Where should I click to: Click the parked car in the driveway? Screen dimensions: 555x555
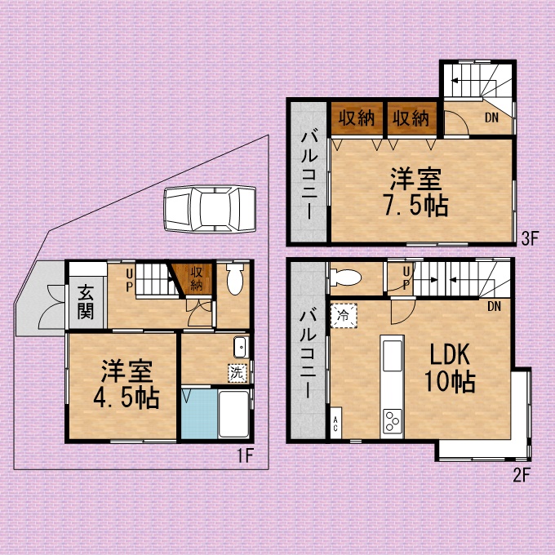[x=210, y=209]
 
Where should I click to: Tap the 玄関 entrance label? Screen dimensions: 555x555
[x=86, y=302]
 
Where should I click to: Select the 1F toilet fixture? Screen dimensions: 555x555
[x=235, y=278]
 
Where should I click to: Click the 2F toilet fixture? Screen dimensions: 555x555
[x=345, y=277]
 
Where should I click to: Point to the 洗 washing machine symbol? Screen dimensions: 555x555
[x=238, y=373]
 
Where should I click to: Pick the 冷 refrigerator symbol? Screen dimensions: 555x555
[x=344, y=315]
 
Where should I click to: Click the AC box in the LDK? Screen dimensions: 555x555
[x=335, y=423]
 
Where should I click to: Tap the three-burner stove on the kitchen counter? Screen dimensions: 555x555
[x=393, y=421]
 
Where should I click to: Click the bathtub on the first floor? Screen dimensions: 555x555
[x=233, y=414]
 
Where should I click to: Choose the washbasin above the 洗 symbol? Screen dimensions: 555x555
[x=241, y=347]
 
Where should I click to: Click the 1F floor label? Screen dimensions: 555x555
[x=246, y=455]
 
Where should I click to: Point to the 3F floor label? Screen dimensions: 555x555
[x=530, y=238]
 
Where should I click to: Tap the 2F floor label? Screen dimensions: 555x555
[x=522, y=475]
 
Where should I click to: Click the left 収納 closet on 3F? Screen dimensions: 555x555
[x=357, y=118]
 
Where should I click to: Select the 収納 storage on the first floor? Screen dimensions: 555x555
[x=196, y=279]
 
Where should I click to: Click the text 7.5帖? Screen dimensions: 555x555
[x=416, y=206]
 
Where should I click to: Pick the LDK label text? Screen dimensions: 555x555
[x=450, y=354]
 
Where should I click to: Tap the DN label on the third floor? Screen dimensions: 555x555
[x=491, y=118]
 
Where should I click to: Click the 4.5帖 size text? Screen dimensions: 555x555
[x=127, y=398]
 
